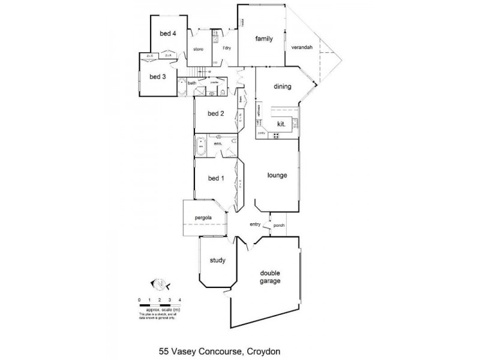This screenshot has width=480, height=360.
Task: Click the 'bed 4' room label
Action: tap(167, 34)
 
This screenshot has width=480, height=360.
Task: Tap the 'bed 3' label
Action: tap(157, 77)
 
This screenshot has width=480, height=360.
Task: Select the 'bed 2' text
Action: tap(215, 114)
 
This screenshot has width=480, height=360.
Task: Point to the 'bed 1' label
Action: tap(215, 178)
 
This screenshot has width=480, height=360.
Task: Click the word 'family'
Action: tap(264, 39)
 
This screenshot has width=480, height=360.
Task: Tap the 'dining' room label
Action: tap(283, 86)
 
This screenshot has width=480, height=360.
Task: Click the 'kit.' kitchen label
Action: tap(281, 124)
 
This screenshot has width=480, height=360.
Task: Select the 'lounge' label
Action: tap(277, 176)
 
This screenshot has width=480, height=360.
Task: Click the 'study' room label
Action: tap(217, 260)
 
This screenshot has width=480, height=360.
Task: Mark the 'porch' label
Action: tap(278, 226)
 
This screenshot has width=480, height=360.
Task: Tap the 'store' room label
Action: tap(198, 49)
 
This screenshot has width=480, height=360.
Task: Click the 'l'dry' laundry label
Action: tap(227, 48)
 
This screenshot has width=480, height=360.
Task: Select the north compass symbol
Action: tap(160, 283)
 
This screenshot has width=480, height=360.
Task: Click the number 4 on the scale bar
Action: tap(179, 299)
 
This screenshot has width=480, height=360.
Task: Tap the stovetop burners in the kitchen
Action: tap(276, 136)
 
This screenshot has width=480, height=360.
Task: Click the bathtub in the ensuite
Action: tap(200, 145)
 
